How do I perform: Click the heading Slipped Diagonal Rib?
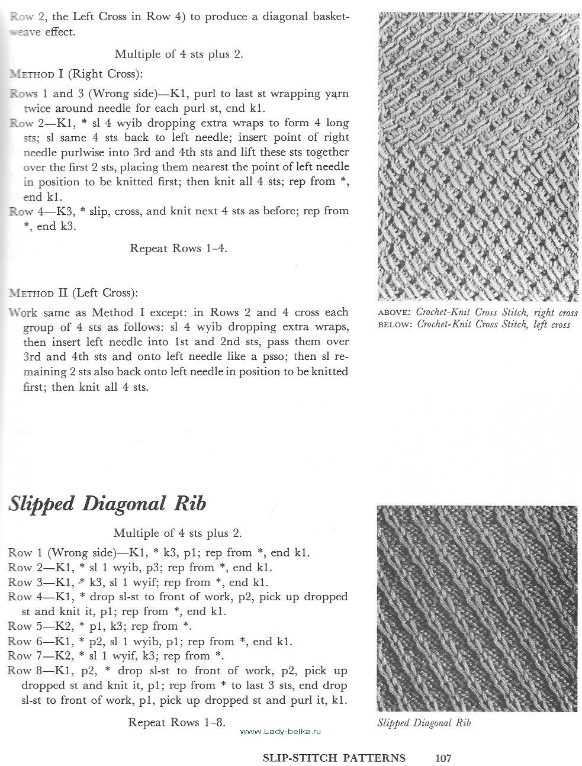[x=107, y=503]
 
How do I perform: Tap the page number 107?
[x=443, y=758]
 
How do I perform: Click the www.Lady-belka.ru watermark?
[x=281, y=732]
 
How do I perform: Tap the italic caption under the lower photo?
[x=424, y=722]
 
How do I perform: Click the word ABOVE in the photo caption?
[x=394, y=312]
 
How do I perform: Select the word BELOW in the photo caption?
[x=394, y=324]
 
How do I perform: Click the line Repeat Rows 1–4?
[x=178, y=248]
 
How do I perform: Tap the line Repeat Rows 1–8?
[x=176, y=722]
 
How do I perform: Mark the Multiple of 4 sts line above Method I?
[x=179, y=54]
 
